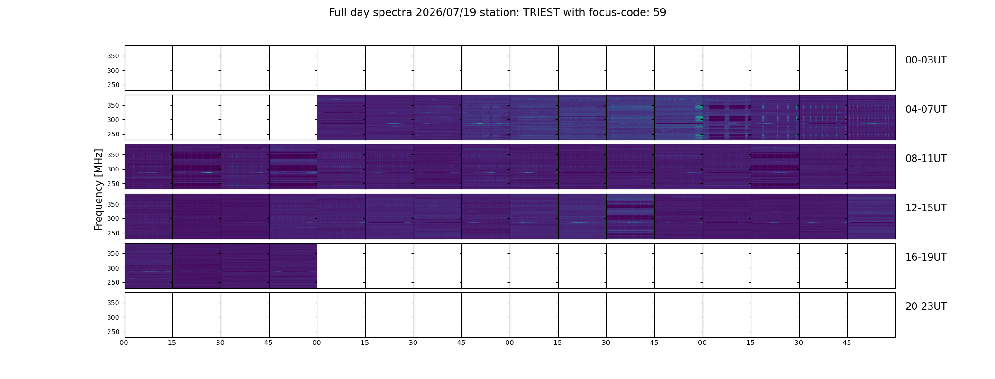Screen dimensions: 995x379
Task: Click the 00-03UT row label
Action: click(x=926, y=60)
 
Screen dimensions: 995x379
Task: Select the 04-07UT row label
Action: click(x=926, y=109)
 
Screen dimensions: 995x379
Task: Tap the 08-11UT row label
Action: click(x=926, y=159)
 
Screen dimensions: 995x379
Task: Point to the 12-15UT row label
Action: click(x=926, y=208)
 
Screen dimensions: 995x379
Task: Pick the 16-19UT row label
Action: click(x=926, y=257)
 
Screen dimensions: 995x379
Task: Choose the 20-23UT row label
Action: click(x=926, y=307)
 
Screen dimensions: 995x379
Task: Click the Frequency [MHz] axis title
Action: click(x=99, y=190)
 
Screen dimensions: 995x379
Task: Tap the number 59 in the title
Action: click(x=660, y=13)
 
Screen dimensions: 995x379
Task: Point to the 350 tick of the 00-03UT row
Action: click(x=114, y=56)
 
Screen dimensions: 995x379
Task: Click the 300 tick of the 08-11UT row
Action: click(x=114, y=169)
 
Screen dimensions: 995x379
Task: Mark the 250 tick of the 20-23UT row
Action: click(x=114, y=332)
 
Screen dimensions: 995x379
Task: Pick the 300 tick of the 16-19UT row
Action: click(x=114, y=268)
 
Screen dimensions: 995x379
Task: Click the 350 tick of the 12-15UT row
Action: click(x=114, y=204)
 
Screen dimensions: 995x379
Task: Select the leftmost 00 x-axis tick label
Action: click(x=124, y=343)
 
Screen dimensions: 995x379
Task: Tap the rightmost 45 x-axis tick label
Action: click(x=847, y=343)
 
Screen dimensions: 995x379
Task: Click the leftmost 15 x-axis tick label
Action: click(x=172, y=343)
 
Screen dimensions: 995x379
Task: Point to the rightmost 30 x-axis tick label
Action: click(x=799, y=343)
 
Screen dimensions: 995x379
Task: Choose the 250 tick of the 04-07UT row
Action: click(x=114, y=135)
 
